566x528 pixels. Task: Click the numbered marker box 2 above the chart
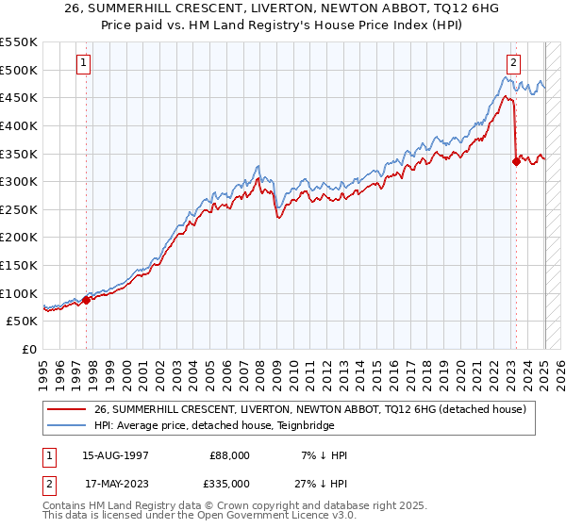[x=513, y=63]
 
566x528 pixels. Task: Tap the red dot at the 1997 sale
[x=86, y=300]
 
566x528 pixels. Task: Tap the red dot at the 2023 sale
[x=516, y=161]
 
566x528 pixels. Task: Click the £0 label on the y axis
[x=29, y=349]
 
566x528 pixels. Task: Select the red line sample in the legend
[x=68, y=409]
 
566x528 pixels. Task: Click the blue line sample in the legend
[x=68, y=425]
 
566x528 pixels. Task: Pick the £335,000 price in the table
[x=229, y=484]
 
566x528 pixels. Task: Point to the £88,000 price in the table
[x=229, y=455]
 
